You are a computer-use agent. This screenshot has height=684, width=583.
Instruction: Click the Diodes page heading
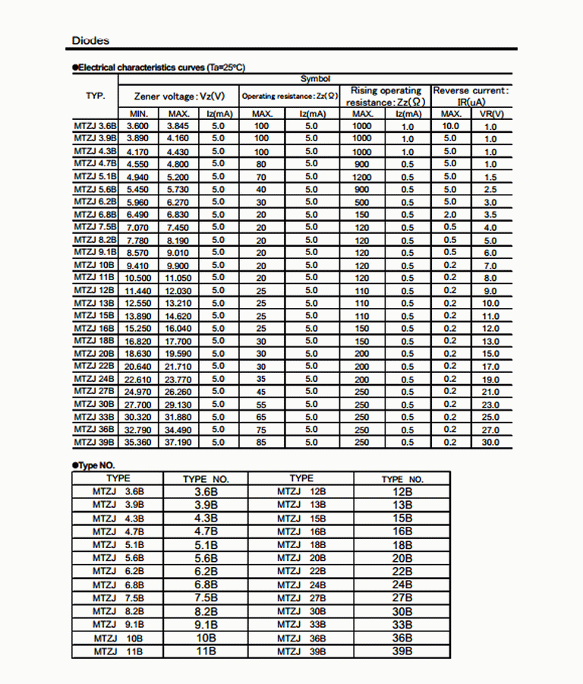90,40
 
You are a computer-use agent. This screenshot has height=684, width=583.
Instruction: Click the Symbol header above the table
315,79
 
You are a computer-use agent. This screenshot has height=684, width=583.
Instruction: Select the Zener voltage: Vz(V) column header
179,96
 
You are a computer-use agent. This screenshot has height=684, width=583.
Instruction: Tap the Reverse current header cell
471,96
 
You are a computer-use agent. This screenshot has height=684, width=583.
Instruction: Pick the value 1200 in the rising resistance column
362,176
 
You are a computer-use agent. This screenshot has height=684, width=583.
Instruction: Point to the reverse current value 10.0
450,126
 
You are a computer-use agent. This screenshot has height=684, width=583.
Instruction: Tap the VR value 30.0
490,443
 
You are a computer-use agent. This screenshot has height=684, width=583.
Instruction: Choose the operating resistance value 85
261,442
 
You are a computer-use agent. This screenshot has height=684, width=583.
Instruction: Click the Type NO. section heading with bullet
93,465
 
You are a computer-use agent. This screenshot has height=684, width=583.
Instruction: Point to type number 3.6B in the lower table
206,492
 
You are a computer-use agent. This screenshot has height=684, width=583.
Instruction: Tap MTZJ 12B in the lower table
301,492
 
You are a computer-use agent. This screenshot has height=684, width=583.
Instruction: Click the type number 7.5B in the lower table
206,597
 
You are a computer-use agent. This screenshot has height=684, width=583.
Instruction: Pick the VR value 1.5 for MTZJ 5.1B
490,177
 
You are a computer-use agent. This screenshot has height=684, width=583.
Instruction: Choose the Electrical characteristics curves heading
159,68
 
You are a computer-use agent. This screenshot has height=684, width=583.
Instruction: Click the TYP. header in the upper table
96,96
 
